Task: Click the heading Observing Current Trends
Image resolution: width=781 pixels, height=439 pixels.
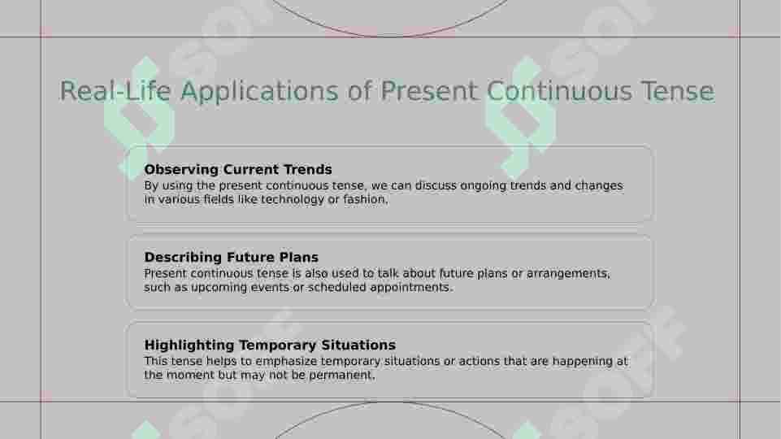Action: tap(238, 170)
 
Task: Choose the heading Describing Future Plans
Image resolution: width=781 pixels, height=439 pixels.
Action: tap(231, 258)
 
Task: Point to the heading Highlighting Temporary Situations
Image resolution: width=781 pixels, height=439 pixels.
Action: tap(270, 346)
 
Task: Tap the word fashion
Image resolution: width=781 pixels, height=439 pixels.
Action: tap(365, 200)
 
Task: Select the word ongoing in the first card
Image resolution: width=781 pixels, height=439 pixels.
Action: tap(485, 186)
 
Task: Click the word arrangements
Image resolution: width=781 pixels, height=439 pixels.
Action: tap(568, 274)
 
